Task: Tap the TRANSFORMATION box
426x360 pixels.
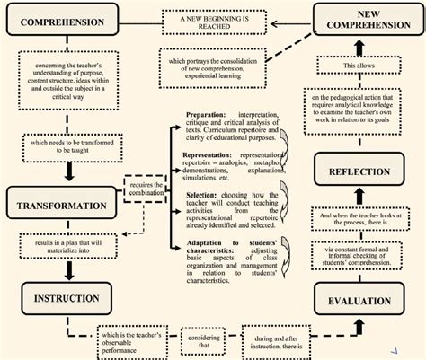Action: [61, 206]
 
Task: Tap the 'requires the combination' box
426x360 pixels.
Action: [145, 189]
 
